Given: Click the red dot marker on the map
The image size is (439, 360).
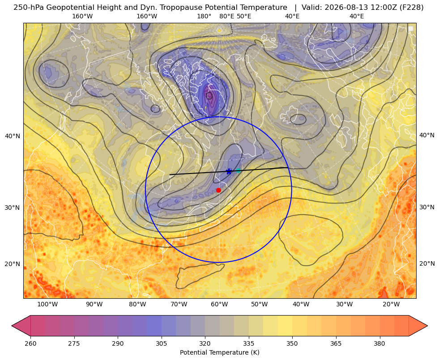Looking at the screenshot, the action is coord(219,190).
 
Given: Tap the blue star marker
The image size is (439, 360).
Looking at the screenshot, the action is coord(229,171).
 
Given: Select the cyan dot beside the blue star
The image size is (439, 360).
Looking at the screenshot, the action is coord(238,171).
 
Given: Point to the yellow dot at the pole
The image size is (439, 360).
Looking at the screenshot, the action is coord(219,30).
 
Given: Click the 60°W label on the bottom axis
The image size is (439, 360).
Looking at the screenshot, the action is coord(219,305).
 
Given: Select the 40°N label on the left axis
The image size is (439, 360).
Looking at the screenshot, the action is coord(13,136).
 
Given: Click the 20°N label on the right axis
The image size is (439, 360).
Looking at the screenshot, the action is coord(427,263).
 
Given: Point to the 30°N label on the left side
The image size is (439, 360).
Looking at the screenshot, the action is coord(13,208).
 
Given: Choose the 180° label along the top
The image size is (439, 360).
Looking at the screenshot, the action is coord(204,16).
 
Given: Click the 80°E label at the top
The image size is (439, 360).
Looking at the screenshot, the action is coord(227,16).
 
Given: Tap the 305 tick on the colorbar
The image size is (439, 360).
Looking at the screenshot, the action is coord(162,343).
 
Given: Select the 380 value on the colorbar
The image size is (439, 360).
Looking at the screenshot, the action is coord(379,343).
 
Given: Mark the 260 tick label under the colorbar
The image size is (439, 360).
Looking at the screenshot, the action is coord(30,343).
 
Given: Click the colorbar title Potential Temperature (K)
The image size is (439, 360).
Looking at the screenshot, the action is coord(219,352).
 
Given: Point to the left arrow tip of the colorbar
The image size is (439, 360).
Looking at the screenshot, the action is coord(12,326).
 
